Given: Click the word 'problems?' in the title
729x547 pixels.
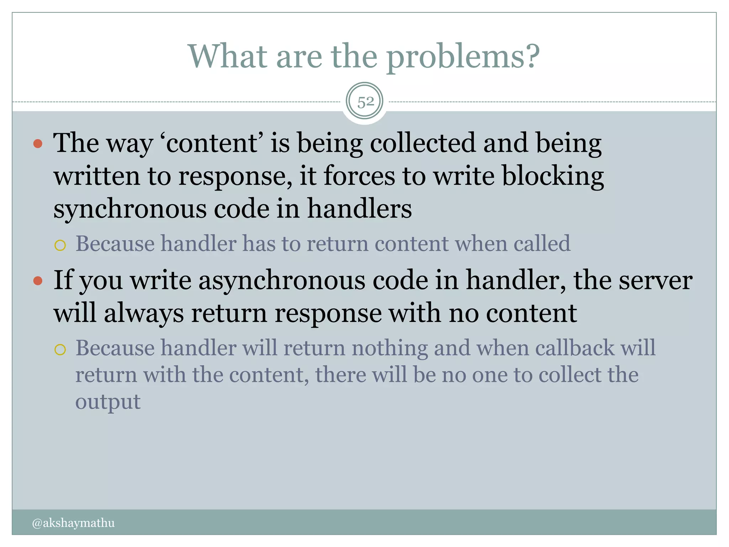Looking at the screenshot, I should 463,57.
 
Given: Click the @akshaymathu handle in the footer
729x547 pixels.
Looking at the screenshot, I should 73,523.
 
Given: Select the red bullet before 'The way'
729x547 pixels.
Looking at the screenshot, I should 38,144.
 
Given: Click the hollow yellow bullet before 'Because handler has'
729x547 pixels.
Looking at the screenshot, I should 60,245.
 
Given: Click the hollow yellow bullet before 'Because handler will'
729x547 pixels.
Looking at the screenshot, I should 60,350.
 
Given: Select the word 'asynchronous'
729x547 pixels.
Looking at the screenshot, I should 282,281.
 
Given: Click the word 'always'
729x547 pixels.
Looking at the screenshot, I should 144,314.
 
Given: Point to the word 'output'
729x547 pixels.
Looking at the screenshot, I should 108,402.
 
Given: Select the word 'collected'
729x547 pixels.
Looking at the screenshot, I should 423,143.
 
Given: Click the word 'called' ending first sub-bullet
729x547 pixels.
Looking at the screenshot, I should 542,244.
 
